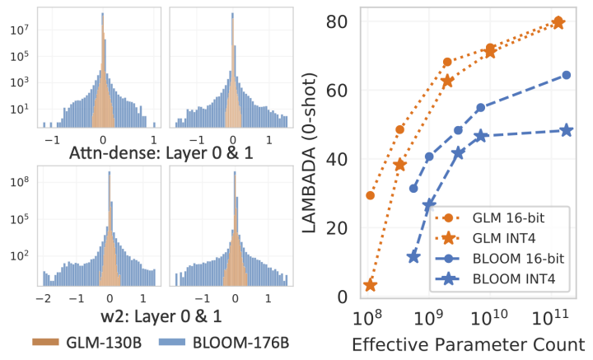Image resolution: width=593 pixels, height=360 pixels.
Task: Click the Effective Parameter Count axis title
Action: [x=468, y=344]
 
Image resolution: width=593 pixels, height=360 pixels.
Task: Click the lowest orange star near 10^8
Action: [x=370, y=285]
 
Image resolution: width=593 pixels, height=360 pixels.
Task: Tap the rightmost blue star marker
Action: [x=566, y=130]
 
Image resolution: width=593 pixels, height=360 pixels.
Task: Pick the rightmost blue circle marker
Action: [x=566, y=75]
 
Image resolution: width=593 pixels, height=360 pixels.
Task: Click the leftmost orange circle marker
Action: [x=370, y=195]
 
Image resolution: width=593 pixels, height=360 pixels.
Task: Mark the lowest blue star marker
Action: [x=413, y=257]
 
